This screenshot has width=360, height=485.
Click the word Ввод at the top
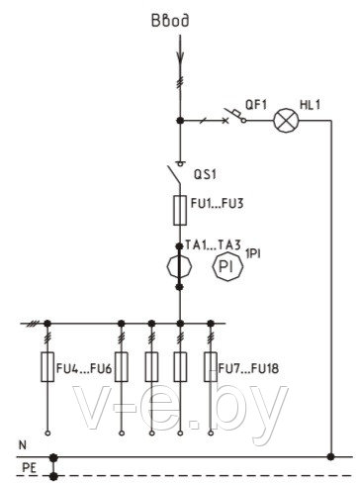point(170,20)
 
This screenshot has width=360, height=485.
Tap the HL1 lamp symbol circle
point(286,121)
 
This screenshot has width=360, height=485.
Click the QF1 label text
point(256,105)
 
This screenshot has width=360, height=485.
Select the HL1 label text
point(310,105)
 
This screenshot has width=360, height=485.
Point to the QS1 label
point(205,174)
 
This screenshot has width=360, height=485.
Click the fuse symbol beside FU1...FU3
point(180,211)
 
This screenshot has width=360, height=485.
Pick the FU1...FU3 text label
point(218,203)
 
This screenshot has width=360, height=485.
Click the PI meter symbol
point(227,266)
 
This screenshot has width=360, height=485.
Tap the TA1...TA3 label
point(213,245)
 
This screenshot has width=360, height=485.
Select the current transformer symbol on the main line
point(179,266)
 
